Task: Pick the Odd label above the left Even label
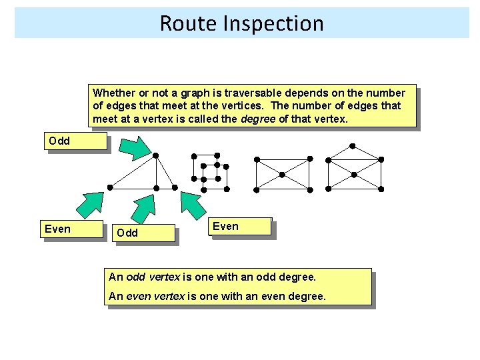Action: pos(59,141)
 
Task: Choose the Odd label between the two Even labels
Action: pos(127,233)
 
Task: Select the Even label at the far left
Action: pos(57,229)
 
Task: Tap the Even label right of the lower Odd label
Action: pos(225,226)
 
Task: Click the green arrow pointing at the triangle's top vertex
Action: pos(137,147)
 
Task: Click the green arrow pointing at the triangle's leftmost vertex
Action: pos(90,205)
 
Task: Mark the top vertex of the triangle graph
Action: pos(155,155)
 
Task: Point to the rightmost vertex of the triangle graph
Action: pos(175,188)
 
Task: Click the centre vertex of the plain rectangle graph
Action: pos(282,174)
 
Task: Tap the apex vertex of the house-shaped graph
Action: pos(353,145)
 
